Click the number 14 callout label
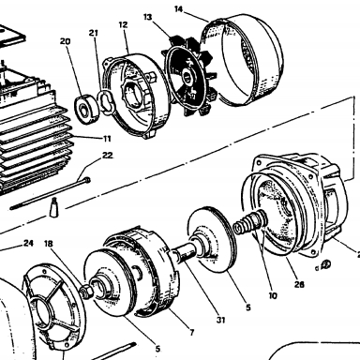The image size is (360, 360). click(x=178, y=9)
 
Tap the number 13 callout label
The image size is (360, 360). click(x=148, y=17)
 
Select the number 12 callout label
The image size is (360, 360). click(x=124, y=24)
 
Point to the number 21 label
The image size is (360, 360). click(x=94, y=33)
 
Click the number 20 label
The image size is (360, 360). click(x=66, y=41)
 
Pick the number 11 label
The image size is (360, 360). click(x=107, y=139)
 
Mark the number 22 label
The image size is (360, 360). click(x=108, y=156)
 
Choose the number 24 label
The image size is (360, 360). click(x=28, y=243)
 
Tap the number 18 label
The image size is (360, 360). click(x=49, y=244)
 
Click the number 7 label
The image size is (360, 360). click(x=192, y=332)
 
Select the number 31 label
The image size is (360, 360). click(x=221, y=320)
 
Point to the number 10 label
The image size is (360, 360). click(x=273, y=295)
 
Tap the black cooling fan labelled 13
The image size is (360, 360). click(x=190, y=75)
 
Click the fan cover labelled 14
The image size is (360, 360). click(x=242, y=59)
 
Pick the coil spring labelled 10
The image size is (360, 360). click(x=250, y=222)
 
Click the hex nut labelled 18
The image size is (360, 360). click(x=87, y=291)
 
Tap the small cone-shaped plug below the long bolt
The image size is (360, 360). click(x=53, y=207)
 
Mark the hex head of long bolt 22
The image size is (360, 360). click(x=87, y=180)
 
